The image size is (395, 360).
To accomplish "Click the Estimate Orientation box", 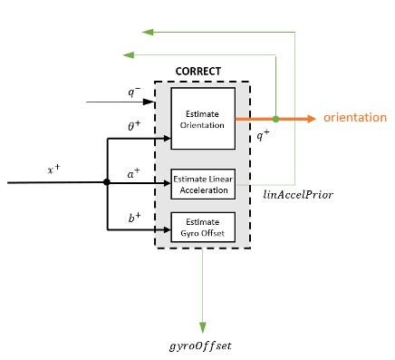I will pos(203,119).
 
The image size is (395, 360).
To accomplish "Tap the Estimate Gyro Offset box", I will pos(203,226).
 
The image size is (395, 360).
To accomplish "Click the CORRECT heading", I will pos(197,71).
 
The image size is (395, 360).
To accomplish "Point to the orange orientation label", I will pos(355,119).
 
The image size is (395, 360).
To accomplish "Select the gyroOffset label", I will pos(201,345).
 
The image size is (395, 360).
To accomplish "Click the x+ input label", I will pos(53,170).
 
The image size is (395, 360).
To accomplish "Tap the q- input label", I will pos(133,91).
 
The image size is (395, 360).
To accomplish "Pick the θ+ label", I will pos(134,127).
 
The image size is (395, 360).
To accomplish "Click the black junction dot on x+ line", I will pos(107,182).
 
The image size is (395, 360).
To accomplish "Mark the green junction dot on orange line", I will pos(275,119).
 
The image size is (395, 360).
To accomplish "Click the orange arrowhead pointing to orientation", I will pos(310,119).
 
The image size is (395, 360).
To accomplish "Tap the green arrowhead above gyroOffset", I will pos(202,326).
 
